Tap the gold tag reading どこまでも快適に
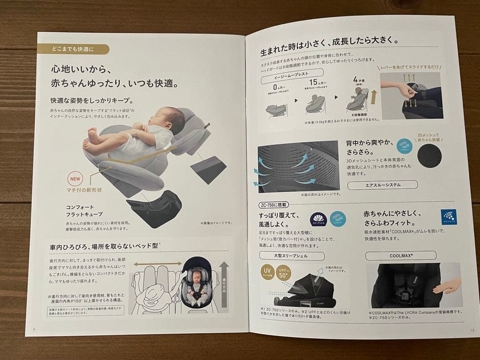point(73,49)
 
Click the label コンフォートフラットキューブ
point(84,211)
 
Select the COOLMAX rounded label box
point(394,256)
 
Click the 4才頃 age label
point(358,80)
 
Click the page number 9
point(34,329)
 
